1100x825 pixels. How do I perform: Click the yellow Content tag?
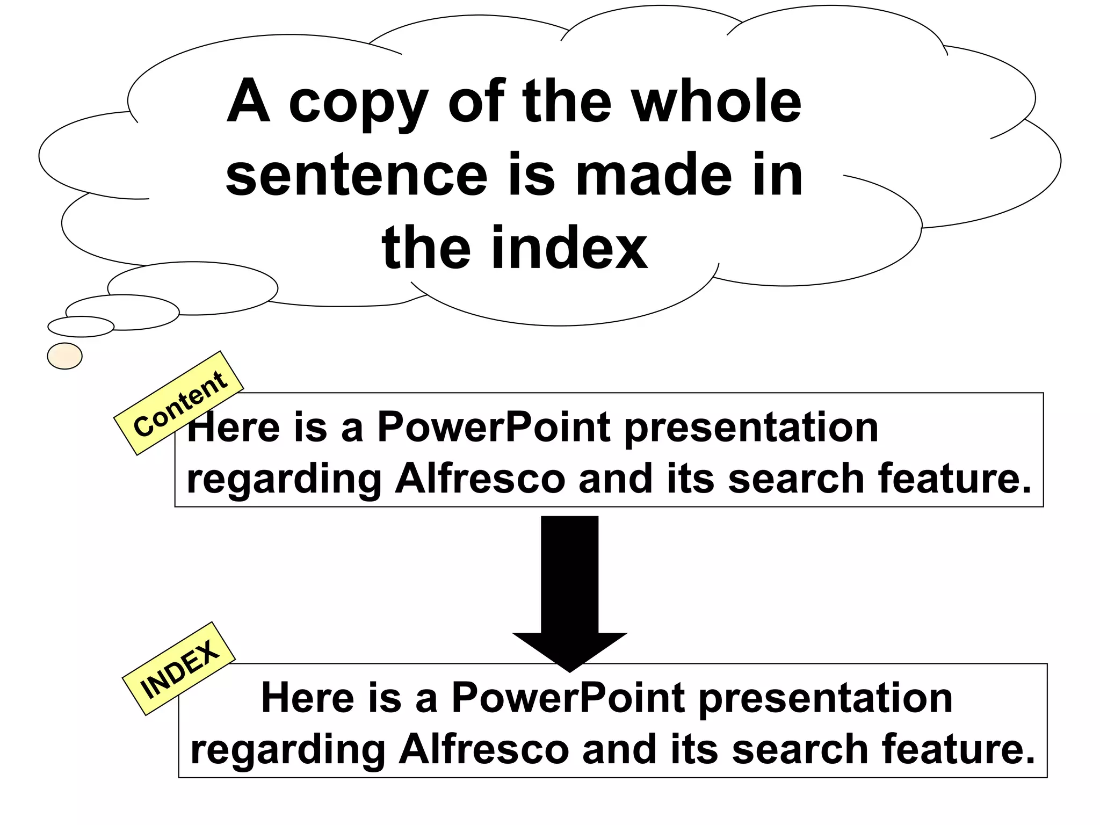point(179,403)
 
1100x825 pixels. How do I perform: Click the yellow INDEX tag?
point(179,669)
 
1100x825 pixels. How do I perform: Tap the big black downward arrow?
point(570,591)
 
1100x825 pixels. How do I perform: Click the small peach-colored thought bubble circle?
point(65,356)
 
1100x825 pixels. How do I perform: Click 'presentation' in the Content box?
point(751,429)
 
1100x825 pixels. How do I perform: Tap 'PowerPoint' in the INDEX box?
point(568,698)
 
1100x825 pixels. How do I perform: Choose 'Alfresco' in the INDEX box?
point(483,749)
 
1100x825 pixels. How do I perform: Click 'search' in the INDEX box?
point(800,749)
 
